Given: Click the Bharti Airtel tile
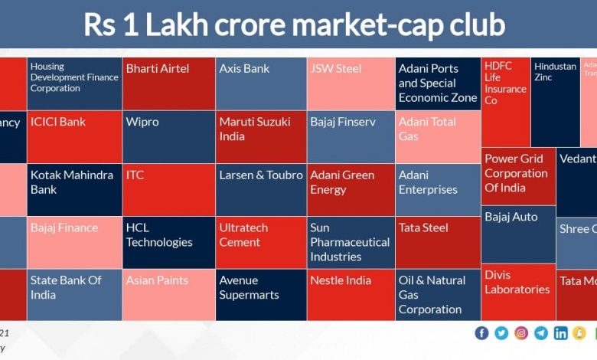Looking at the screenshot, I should coord(168,83).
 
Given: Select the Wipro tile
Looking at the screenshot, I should coord(168,136).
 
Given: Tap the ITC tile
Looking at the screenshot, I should coord(168,189).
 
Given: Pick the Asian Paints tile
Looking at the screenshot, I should coord(168,294).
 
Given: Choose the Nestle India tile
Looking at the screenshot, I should coord(350,294).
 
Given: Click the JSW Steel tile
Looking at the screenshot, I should coord(350,83).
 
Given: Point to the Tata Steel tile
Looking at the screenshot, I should coord(438,241).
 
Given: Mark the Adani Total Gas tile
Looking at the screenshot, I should coord(438,136).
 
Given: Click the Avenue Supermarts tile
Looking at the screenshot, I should coord(260,294).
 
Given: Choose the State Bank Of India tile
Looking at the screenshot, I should coord(74,294).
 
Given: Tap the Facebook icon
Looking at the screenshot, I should coord(481,332).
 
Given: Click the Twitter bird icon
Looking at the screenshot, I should coord(501,332).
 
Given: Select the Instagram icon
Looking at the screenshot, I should coord(521,332).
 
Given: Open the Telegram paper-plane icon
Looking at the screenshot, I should coord(541,332).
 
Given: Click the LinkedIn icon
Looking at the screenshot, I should coord(561,332).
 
